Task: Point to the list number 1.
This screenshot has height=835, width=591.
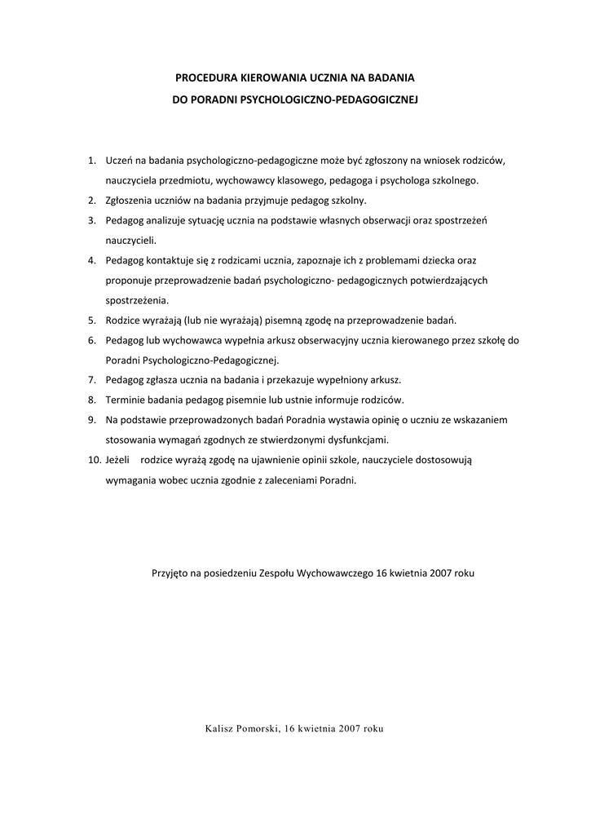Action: tap(92, 160)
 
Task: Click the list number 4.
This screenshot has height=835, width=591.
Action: tap(92, 260)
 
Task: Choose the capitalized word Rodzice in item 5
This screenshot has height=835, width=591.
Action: tap(123, 320)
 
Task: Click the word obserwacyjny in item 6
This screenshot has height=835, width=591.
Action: tap(302, 340)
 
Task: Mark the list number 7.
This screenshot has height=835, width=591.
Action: tap(92, 380)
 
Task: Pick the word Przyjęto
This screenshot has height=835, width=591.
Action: tap(170, 573)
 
